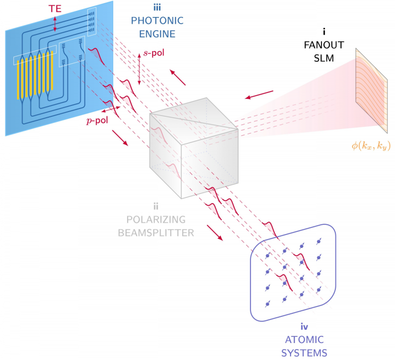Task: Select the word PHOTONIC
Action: [x=154, y=21]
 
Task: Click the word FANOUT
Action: [x=317, y=45]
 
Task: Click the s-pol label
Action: [x=154, y=53]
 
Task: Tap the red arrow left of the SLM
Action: [x=259, y=96]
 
